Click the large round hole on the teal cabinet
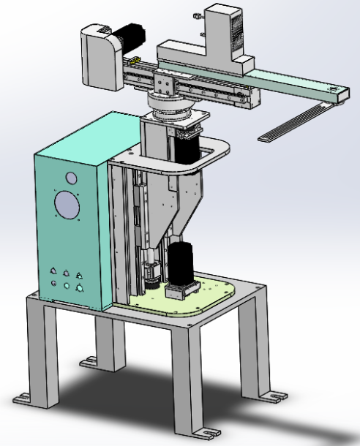point(67,205)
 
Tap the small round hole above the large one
point(71,178)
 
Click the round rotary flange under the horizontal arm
point(172,106)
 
